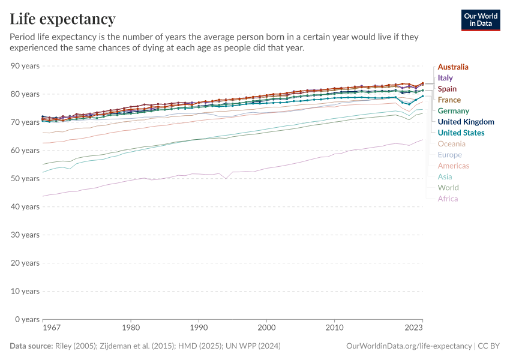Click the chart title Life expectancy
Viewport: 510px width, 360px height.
[62, 19]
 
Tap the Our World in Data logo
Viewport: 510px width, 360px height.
[480, 20]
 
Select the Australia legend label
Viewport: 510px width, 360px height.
[453, 67]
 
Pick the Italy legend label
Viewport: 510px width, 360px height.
[445, 78]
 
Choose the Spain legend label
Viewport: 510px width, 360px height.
[447, 89]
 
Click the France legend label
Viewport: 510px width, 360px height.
[449, 100]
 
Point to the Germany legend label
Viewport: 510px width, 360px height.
[453, 111]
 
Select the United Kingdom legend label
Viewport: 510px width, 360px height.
[466, 122]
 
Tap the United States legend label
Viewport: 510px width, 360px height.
[461, 133]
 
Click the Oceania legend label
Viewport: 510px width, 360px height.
[452, 144]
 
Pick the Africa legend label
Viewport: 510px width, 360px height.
[448, 199]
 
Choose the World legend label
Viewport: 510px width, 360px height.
[448, 188]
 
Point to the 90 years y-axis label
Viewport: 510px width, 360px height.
[25, 65]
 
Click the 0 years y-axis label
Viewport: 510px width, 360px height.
[27, 319]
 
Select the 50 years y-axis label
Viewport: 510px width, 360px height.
[25, 178]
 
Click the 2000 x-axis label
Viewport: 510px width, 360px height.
[266, 328]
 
